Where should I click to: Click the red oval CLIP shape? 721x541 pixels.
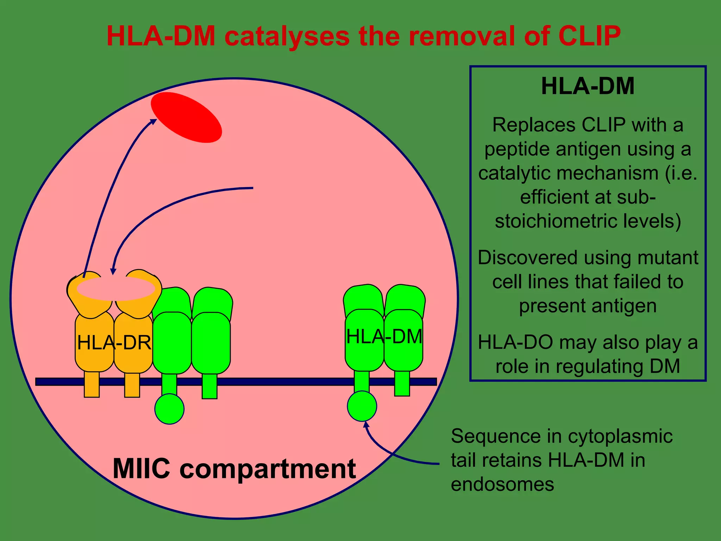[x=186, y=117]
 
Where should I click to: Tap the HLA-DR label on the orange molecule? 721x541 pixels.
[x=114, y=342]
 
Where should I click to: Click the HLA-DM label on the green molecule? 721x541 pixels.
[x=384, y=336]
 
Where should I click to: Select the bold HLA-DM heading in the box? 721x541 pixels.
[x=588, y=86]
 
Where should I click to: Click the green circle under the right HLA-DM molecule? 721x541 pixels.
[x=362, y=406]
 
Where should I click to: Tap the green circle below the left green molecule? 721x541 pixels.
[x=169, y=409]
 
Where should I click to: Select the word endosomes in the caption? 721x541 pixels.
[x=502, y=484]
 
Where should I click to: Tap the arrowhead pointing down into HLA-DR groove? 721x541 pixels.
[x=113, y=271]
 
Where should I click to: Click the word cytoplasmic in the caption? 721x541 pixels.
[x=620, y=436]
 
